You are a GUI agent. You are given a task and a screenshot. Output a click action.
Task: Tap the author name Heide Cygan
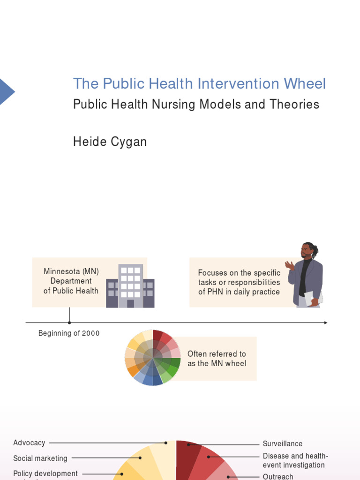coord(110,142)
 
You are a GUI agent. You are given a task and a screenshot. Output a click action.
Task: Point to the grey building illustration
coord(130,286)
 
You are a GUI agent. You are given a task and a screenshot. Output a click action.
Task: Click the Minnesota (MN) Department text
coord(71,281)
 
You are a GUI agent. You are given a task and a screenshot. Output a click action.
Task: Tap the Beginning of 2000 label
coord(69,333)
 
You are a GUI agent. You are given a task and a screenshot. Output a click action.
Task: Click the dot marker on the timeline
coord(69,322)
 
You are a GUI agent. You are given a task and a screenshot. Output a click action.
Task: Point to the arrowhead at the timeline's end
coord(325,322)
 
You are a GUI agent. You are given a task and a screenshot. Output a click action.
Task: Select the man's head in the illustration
coord(308,251)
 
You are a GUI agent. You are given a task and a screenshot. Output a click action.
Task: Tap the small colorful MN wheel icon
coord(153,358)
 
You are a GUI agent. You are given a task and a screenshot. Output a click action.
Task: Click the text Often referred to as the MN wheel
coord(217,359)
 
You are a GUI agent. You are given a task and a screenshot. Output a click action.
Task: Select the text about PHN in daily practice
coord(239,282)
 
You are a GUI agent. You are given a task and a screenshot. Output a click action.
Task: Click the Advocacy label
coord(30,442)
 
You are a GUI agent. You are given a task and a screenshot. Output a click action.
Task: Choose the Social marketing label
coord(40,458)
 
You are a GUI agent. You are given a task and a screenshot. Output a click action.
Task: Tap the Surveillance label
coord(283,443)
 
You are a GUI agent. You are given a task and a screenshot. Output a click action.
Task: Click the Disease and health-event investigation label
coord(295,460)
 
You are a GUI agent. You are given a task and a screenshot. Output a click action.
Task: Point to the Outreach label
coord(278,476)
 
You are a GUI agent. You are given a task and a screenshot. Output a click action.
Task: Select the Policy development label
coord(45,473)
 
